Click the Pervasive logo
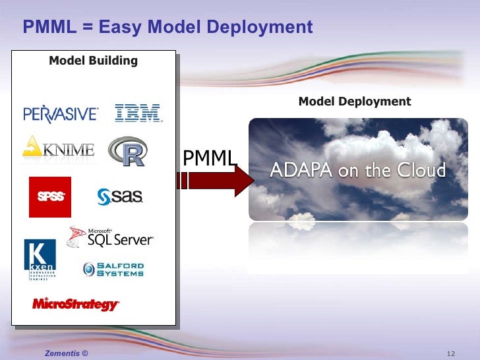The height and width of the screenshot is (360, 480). tap(61, 114)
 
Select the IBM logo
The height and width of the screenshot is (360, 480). tap(138, 113)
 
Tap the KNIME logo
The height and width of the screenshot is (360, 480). tap(59, 149)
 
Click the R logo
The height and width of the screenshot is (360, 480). tap(127, 152)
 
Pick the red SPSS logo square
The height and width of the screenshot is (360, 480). tap(49, 196)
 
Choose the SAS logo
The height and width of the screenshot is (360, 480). tap(120, 196)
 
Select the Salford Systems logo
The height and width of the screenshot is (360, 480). tap(113, 269)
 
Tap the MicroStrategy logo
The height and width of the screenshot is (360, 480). tap(76, 304)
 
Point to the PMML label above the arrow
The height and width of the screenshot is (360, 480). tap(209, 158)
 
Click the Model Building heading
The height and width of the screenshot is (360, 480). tap(93, 61)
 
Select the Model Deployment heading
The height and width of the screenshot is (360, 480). tap(355, 102)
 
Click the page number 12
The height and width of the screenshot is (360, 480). tap(452, 354)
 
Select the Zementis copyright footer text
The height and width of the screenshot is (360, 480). tap(65, 354)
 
